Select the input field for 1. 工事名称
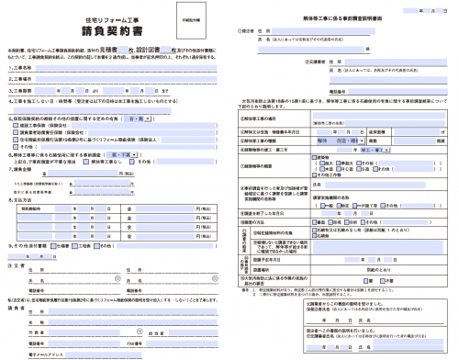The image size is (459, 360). coord(129,68)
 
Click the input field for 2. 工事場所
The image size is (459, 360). coord(129,80)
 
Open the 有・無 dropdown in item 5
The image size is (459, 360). coord(139,118)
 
